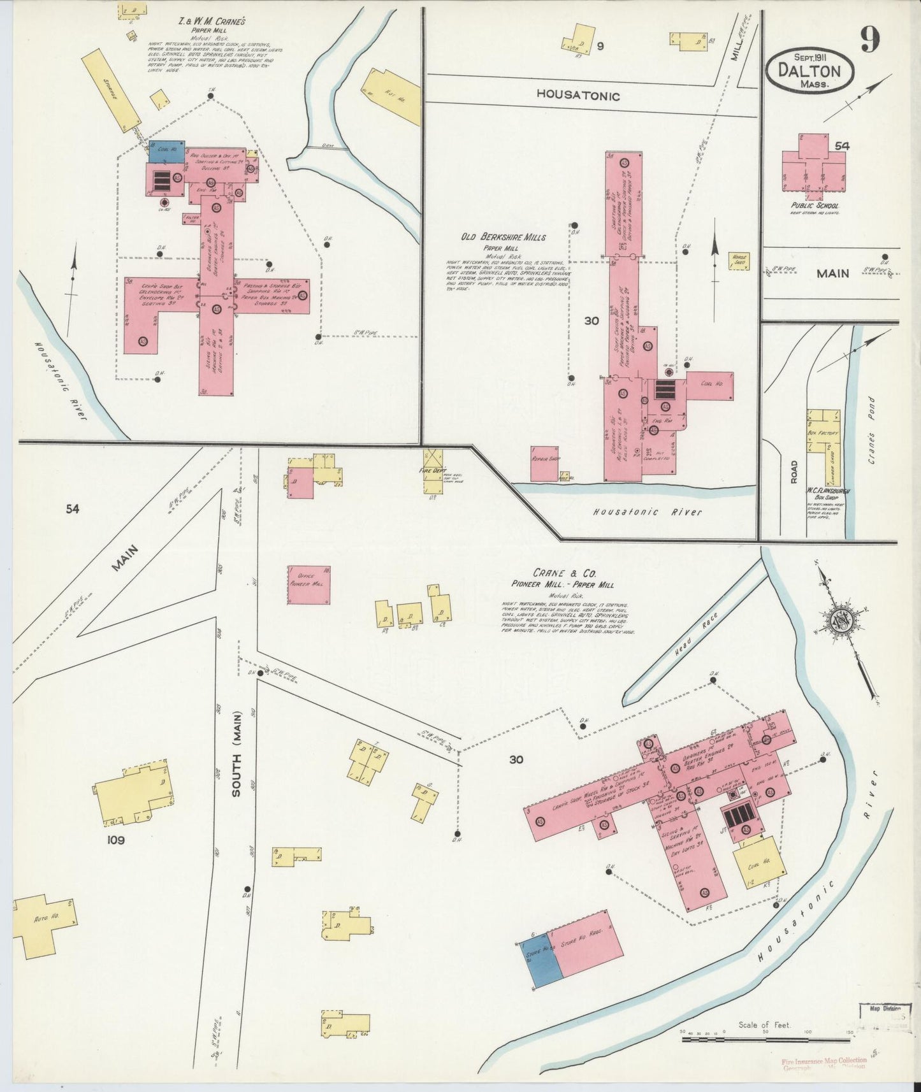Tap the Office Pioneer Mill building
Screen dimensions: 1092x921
[x=308, y=584]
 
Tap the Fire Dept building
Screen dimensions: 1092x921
[x=435, y=471]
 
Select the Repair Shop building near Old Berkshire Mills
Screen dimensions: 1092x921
[x=544, y=463]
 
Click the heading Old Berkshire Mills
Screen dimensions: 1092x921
[x=504, y=237]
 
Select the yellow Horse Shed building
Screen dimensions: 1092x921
[x=739, y=261]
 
